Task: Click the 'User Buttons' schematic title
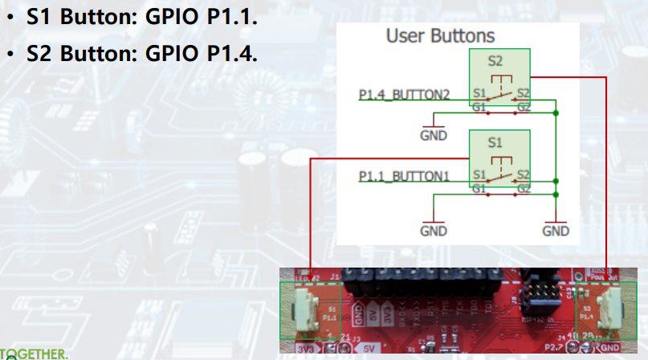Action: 440,36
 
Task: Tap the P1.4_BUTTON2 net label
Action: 404,95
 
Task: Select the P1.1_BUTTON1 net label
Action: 404,175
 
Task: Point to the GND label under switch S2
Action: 433,136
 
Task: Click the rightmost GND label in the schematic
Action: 555,231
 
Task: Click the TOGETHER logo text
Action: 34,354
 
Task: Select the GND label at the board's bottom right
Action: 610,347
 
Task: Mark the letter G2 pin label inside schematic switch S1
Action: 523,188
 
